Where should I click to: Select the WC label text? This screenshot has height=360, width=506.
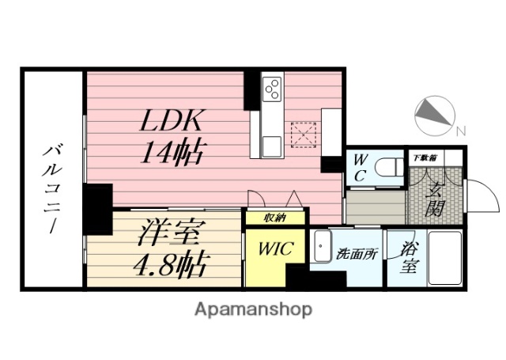pyautogui.click(x=359, y=167)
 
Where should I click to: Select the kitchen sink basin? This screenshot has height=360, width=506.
pyautogui.click(x=271, y=146)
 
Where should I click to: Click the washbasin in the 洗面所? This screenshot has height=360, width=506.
pyautogui.click(x=323, y=248)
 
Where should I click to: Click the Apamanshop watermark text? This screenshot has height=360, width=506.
pyautogui.click(x=253, y=309)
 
